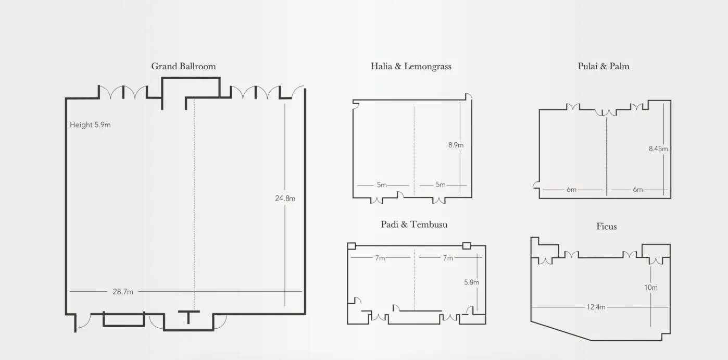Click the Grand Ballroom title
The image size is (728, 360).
[183, 66]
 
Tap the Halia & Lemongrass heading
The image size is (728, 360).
[411, 67]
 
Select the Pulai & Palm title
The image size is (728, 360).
[604, 66]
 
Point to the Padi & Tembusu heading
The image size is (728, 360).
[414, 225]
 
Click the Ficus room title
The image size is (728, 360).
[607, 226]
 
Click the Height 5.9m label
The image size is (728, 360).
[90, 125]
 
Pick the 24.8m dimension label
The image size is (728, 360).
[285, 198]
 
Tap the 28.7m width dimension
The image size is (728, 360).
[123, 292]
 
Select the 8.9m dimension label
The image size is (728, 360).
[456, 145]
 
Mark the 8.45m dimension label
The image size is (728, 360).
[658, 148]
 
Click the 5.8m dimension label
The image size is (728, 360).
[471, 282]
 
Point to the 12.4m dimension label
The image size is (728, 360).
[596, 307]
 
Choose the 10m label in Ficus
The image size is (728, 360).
[650, 288]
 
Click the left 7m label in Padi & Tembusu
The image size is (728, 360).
[380, 258]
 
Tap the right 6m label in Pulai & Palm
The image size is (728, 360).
[637, 190]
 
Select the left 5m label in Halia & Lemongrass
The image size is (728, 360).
[382, 185]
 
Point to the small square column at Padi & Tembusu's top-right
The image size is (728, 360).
[467, 245]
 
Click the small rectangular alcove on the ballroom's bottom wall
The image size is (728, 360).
[124, 319]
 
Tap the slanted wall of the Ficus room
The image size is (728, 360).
[561, 331]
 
